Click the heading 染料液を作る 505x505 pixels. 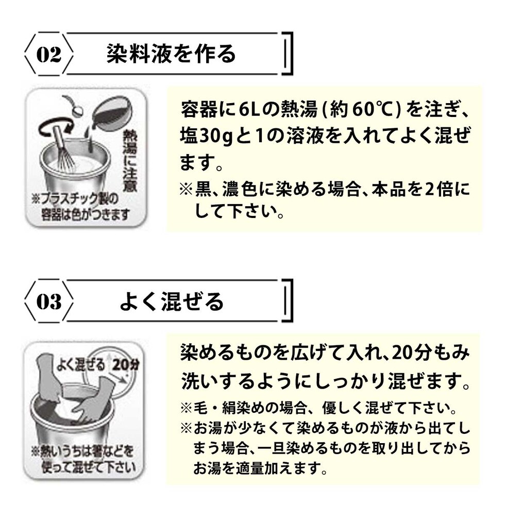tap(171, 54)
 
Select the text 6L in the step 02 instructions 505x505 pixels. tap(251, 109)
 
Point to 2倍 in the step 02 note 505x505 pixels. tap(437, 190)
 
